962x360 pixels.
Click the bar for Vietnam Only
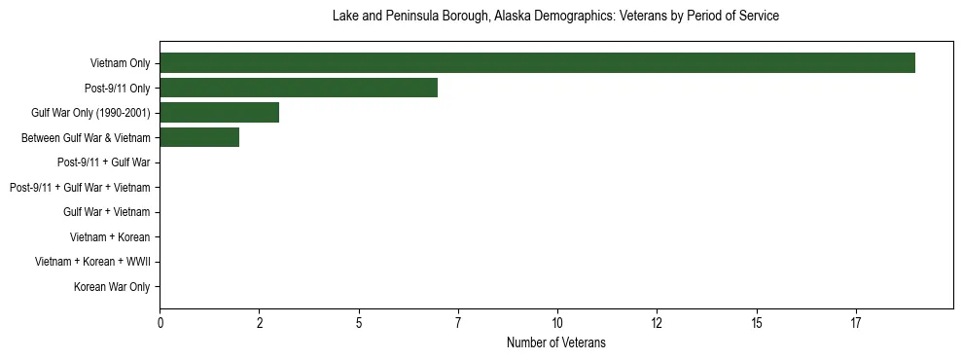point(537,63)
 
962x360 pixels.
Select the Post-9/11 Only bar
point(299,88)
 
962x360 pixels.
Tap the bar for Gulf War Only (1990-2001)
point(219,113)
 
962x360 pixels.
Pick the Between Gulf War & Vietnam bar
point(199,138)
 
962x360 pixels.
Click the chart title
point(555,17)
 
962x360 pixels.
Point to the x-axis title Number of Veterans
point(555,342)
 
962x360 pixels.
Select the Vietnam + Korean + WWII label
point(92,262)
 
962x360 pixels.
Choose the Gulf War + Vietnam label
point(106,212)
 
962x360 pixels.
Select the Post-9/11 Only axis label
point(117,89)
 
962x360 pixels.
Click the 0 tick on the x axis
point(160,323)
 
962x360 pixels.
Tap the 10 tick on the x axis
point(557,323)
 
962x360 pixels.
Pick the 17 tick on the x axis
point(856,323)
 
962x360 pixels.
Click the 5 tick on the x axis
point(359,323)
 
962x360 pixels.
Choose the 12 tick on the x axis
point(657,323)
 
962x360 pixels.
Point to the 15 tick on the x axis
point(757,323)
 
